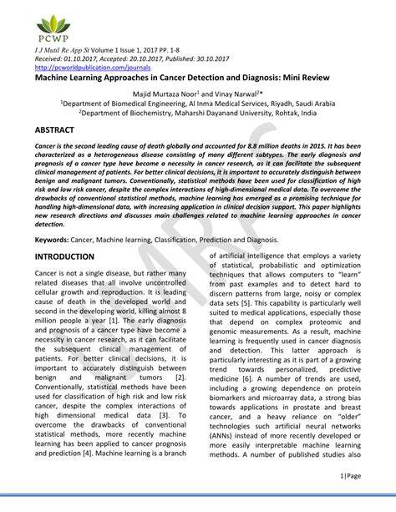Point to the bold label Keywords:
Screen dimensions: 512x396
click(52, 238)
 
